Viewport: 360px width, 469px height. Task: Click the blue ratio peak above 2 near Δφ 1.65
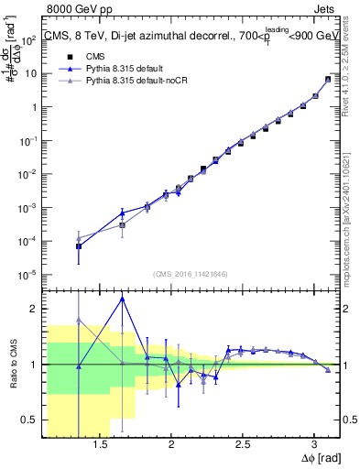coord(122,299)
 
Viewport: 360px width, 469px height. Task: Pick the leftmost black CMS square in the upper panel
coord(79,246)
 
